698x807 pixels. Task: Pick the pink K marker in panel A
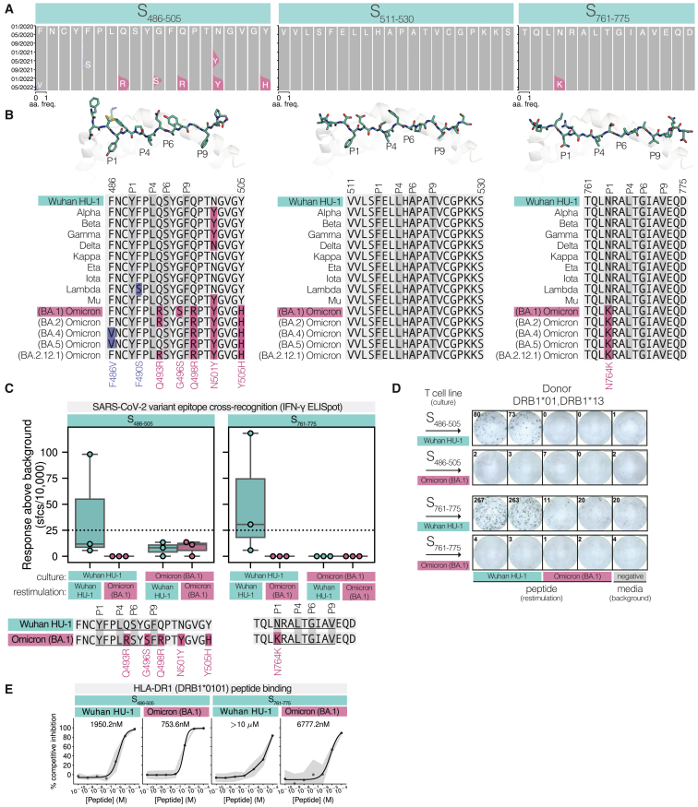[559, 84]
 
